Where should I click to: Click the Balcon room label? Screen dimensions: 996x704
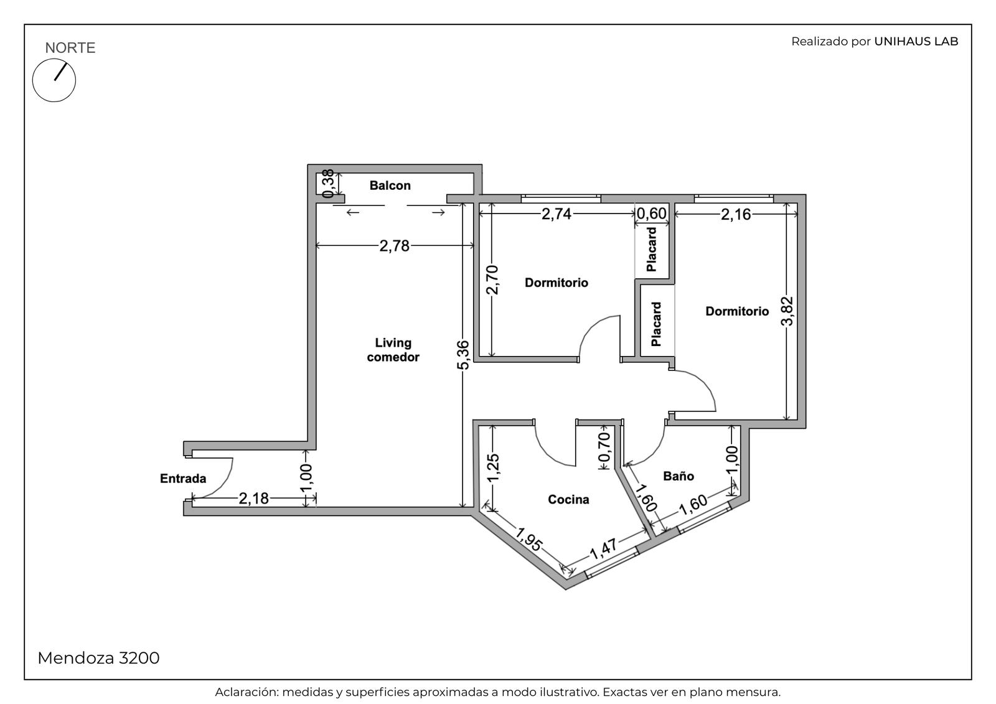click(390, 185)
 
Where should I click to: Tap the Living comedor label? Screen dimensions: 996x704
click(393, 350)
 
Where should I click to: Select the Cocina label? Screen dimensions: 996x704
click(568, 499)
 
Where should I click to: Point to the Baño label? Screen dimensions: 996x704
click(679, 476)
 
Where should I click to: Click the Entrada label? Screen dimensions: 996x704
click(183, 479)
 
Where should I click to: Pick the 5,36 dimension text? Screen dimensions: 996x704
click(463, 355)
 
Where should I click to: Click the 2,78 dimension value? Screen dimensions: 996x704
click(395, 245)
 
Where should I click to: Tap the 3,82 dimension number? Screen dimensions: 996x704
click(787, 311)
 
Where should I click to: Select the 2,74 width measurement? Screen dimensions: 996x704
click(557, 214)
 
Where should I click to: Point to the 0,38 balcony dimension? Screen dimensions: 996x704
click(328, 183)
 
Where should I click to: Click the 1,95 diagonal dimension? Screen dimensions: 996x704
click(529, 539)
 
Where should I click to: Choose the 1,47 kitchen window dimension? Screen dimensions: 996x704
click(603, 549)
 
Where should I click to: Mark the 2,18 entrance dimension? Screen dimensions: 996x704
click(254, 499)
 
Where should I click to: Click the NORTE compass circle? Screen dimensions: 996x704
click(54, 80)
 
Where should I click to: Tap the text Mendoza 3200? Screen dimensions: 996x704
click(98, 658)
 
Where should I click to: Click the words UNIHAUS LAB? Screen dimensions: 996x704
click(916, 41)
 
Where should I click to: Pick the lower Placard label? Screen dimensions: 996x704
click(656, 324)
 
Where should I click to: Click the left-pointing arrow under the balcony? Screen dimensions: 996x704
click(352, 213)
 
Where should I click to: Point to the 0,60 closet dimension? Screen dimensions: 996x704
click(651, 214)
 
